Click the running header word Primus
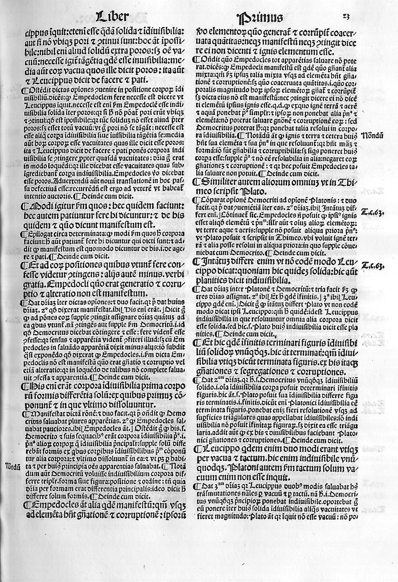click(x=260, y=18)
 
